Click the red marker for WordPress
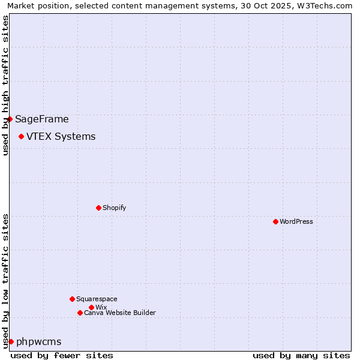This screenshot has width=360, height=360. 275,221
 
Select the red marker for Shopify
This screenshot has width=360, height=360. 98,208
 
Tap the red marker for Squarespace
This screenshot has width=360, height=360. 72,299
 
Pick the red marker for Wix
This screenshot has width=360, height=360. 91,307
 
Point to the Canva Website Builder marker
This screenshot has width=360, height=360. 80,313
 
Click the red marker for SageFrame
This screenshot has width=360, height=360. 10,119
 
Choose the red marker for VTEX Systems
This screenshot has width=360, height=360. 21,136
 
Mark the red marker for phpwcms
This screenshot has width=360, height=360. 11,341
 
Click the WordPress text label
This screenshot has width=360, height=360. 296,221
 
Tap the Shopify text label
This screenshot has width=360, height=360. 114,208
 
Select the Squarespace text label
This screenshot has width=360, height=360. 97,299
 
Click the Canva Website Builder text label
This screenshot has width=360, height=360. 119,313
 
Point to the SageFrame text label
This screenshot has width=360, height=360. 42,119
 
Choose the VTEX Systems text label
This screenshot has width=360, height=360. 61,136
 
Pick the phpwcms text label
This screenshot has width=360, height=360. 39,342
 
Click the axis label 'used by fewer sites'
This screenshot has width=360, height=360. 62,355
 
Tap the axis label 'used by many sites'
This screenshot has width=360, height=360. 301,355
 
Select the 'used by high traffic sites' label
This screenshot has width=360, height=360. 5,85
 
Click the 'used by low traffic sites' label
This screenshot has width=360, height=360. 5,280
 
